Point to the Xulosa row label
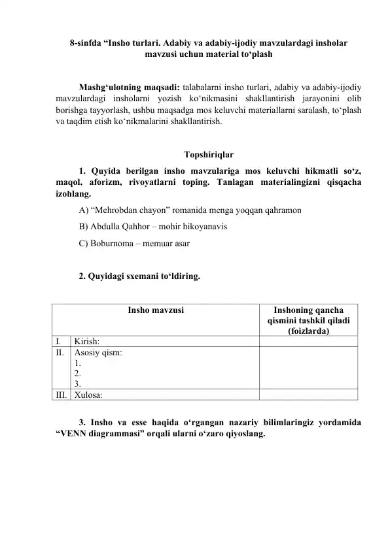click(88, 395)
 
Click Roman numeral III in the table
click(60, 395)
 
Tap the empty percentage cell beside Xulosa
click(308, 395)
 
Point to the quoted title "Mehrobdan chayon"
click(128, 211)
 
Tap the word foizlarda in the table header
click(308, 332)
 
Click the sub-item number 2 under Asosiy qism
click(78, 374)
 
